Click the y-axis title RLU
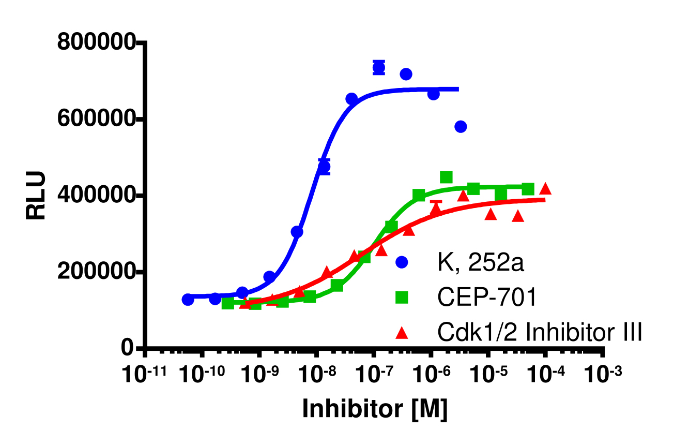click(37, 196)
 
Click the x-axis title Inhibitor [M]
click(374, 408)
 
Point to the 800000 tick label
click(96, 43)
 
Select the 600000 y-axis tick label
click(96, 119)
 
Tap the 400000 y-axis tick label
click(96, 196)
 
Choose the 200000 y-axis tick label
click(96, 272)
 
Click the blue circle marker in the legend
click(402, 262)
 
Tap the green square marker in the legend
click(402, 298)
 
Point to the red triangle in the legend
click(402, 332)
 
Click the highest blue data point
click(379, 67)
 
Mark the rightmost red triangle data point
click(545, 189)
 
